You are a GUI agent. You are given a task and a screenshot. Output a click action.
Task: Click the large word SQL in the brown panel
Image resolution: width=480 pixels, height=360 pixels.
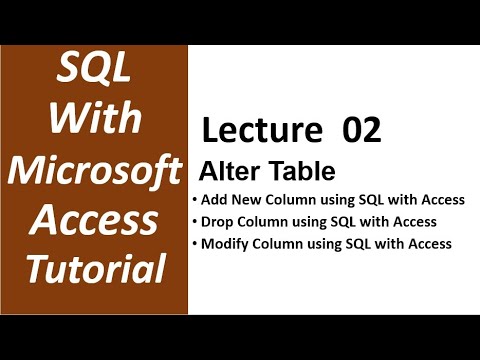tap(94, 71)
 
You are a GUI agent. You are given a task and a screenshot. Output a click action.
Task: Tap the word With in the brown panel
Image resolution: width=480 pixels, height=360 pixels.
tap(94, 120)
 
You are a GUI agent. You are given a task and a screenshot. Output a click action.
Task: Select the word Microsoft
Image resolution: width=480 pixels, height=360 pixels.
tap(94, 169)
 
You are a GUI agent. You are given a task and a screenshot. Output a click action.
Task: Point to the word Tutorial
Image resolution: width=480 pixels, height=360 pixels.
tap(94, 267)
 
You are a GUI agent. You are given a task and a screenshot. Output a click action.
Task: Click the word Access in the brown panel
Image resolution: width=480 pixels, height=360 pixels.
tap(94, 218)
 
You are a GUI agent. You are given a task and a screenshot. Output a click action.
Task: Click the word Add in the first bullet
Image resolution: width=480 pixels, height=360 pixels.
tap(214, 200)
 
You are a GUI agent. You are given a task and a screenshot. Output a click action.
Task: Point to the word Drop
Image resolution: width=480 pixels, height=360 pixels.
tap(218, 221)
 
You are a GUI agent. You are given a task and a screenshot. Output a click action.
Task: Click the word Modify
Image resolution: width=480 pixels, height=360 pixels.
tap(226, 243)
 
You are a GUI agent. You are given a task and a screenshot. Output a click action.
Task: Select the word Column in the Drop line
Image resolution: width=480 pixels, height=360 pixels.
tap(267, 221)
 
